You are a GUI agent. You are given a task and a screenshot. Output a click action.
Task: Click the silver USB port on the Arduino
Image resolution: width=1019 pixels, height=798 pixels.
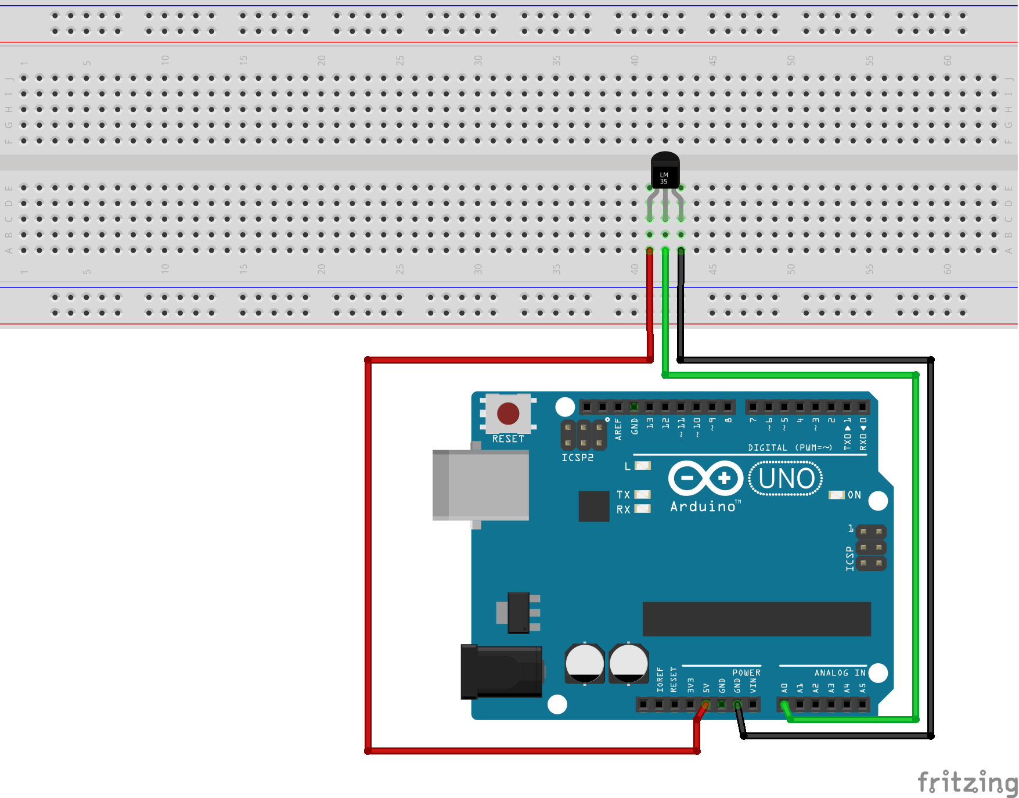(481, 486)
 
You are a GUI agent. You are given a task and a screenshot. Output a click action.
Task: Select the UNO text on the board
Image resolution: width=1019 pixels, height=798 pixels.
(786, 479)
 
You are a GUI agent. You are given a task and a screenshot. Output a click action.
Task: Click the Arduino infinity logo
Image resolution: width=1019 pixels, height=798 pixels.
(705, 479)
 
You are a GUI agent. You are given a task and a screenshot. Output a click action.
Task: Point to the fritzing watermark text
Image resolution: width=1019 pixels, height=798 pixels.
(967, 782)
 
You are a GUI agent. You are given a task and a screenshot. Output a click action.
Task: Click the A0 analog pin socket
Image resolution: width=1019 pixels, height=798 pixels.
(784, 704)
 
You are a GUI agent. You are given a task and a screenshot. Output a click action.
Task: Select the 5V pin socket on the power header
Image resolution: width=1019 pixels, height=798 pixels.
(706, 704)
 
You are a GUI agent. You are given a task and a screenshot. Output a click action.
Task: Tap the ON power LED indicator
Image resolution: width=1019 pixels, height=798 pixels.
(836, 495)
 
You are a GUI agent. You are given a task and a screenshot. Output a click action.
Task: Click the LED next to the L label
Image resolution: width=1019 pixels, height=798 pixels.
(643, 466)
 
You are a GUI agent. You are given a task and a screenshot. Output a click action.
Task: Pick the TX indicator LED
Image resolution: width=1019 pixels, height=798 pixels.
(643, 495)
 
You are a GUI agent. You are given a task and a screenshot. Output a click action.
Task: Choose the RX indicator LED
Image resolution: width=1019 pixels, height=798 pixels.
(643, 509)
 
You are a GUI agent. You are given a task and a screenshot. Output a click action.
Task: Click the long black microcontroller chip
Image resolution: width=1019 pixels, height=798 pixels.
(756, 619)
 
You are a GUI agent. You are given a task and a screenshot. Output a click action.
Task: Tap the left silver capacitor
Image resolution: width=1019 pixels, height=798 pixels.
(585, 663)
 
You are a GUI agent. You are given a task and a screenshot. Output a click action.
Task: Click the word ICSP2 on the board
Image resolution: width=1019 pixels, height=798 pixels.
(577, 458)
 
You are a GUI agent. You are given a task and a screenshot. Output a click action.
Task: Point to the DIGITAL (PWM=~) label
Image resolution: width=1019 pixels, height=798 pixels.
(790, 447)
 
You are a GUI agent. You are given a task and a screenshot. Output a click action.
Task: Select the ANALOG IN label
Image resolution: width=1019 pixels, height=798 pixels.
(840, 673)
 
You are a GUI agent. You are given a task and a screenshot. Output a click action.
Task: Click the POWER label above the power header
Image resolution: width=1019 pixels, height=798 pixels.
(746, 673)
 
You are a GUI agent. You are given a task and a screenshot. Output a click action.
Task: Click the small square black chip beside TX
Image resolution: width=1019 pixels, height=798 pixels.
(594, 506)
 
